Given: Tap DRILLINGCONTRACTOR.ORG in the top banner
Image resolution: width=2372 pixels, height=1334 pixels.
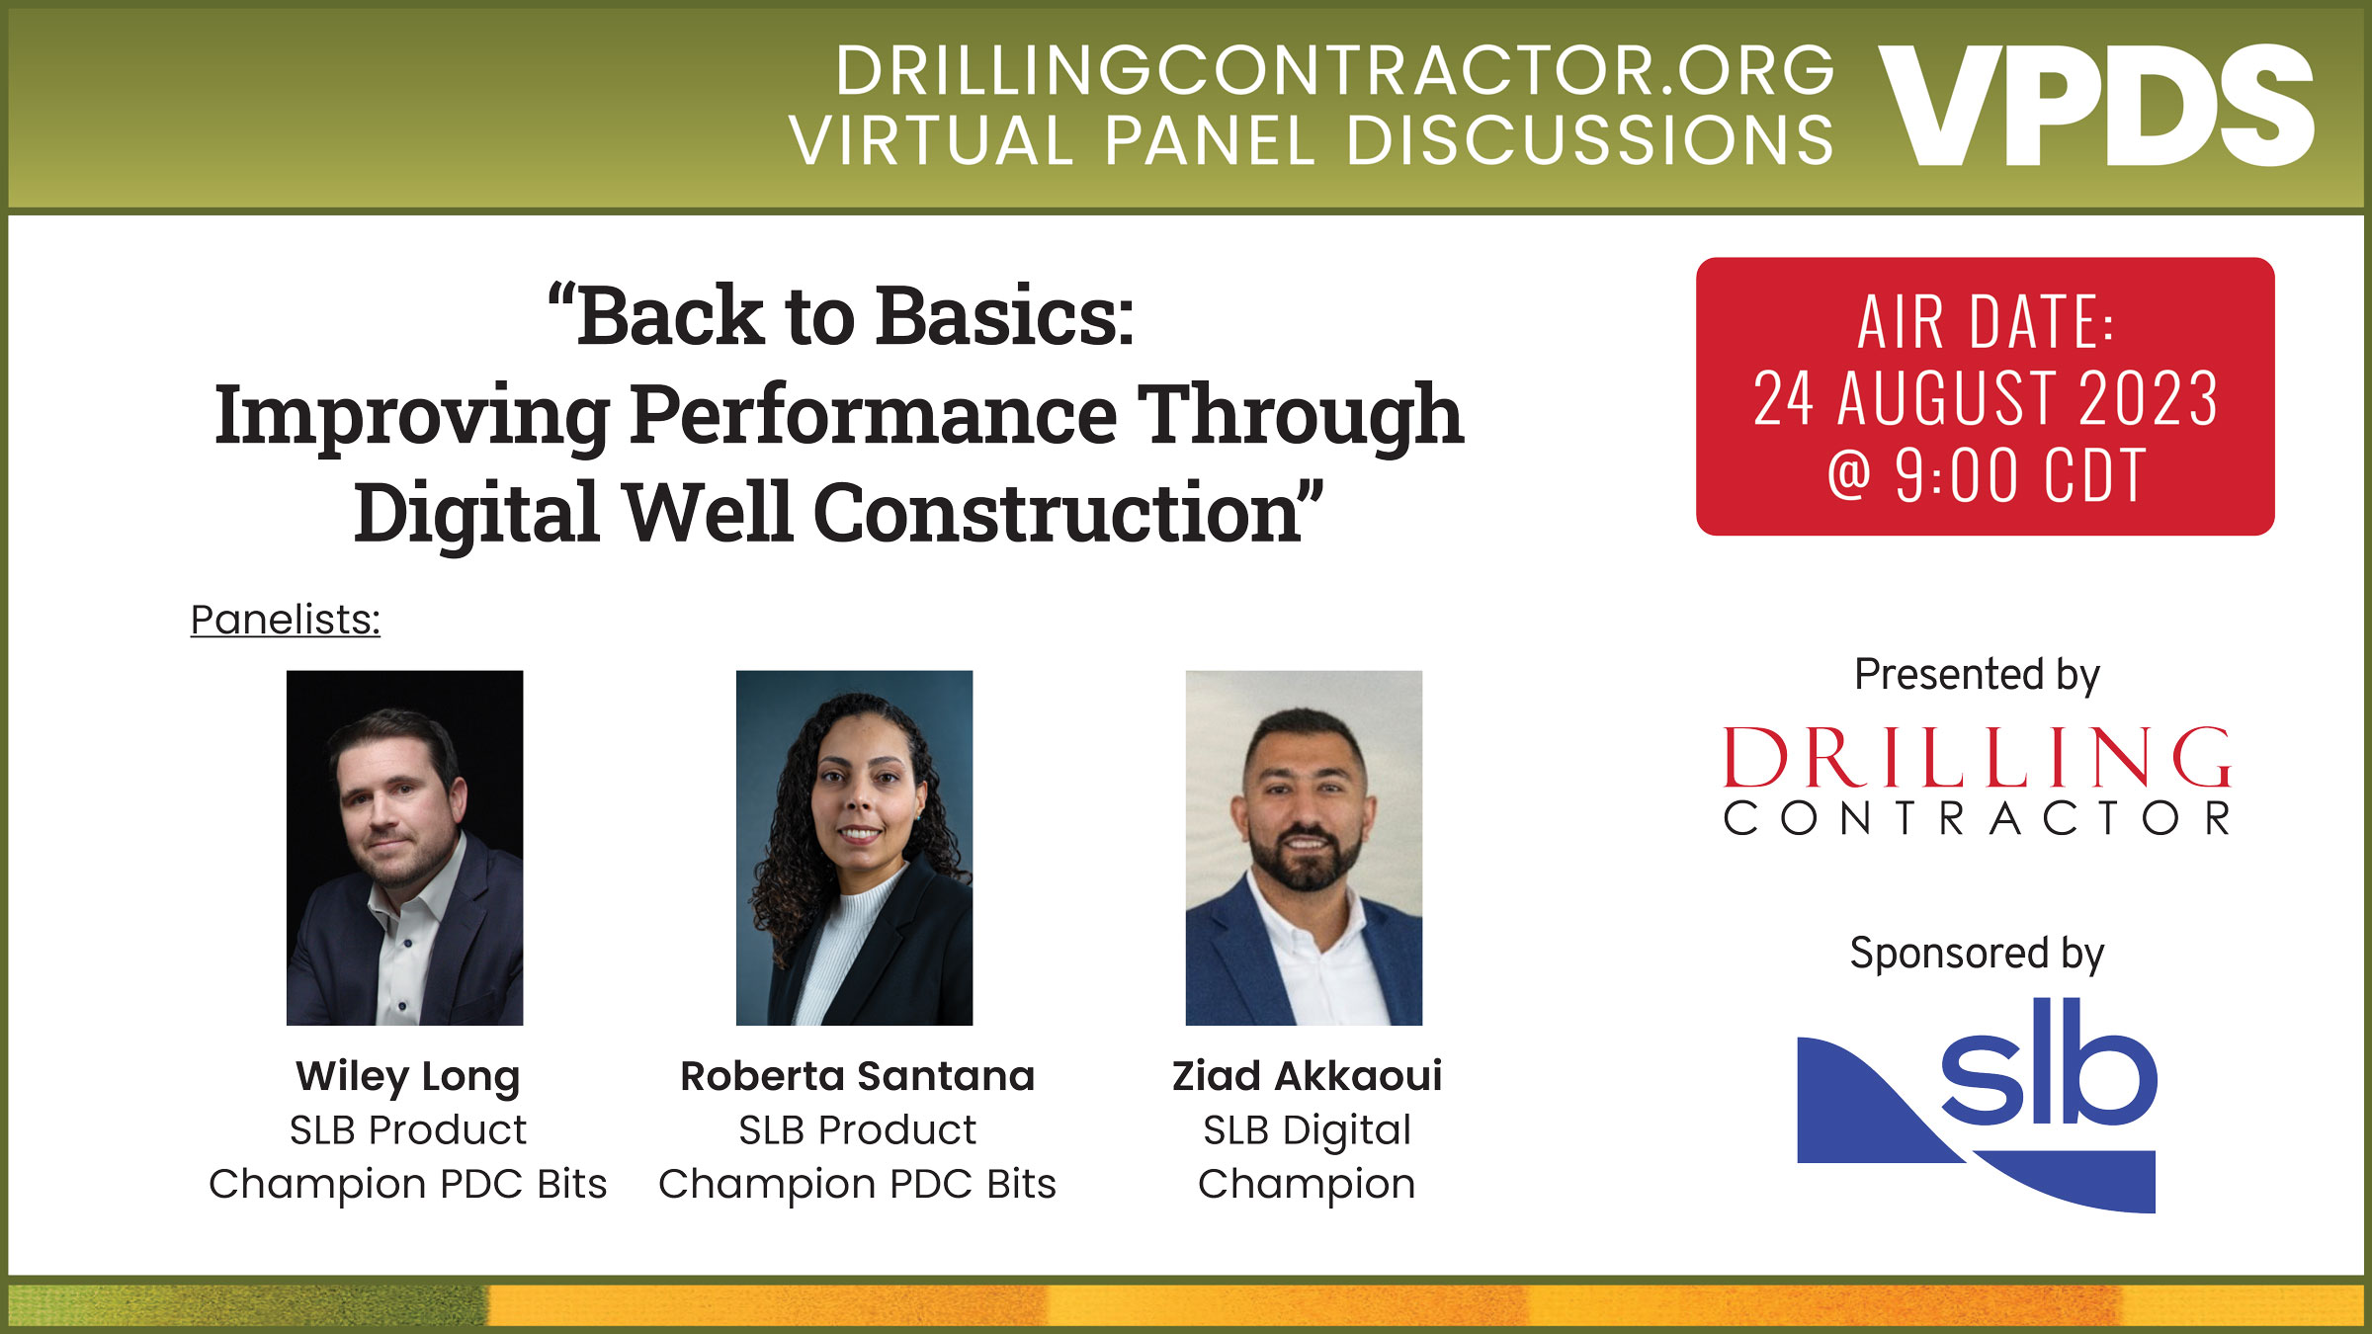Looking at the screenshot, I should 1334,71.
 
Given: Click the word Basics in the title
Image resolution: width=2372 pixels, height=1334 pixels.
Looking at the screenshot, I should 1004,316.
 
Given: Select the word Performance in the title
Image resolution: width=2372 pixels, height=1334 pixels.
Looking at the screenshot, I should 874,415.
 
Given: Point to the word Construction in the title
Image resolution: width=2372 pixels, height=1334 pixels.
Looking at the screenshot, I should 1058,514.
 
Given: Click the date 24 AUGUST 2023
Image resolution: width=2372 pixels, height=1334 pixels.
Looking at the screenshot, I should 1985,398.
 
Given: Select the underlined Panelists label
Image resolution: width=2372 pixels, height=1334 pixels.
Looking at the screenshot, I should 285,621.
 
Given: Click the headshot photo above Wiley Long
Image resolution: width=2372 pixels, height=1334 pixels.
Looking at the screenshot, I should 404,847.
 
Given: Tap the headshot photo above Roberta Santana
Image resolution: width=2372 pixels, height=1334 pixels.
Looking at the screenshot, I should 854,847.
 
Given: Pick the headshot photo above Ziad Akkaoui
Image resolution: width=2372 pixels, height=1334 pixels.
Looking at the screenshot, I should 1304,847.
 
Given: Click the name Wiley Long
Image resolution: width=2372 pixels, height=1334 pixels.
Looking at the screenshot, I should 407,1076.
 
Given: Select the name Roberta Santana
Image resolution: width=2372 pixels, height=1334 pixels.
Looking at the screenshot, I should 857,1076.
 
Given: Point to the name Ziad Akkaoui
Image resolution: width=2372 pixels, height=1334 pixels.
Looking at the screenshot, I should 1307,1076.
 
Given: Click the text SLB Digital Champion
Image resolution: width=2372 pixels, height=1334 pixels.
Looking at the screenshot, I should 1307,1156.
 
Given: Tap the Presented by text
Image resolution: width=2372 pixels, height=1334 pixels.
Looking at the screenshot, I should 1976,675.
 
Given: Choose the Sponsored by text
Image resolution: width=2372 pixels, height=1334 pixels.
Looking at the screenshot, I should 1976,954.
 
